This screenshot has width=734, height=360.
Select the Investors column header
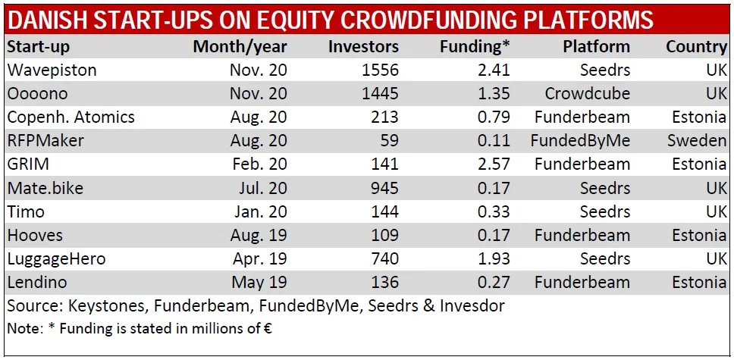tap(363, 46)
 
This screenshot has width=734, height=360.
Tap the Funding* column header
tap(475, 46)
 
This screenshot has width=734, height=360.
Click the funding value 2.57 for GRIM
tap(493, 164)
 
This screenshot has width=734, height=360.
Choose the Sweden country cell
tap(696, 141)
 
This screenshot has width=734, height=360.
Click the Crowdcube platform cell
tap(587, 94)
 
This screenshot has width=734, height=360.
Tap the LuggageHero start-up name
tap(56, 259)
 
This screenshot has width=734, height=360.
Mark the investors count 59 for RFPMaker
tap(388, 141)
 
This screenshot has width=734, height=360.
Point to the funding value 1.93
tap(493, 259)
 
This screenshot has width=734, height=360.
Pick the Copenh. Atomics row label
tap(71, 117)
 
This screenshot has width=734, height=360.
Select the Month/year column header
tap(240, 46)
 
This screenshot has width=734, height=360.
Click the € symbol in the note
tap(267, 329)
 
